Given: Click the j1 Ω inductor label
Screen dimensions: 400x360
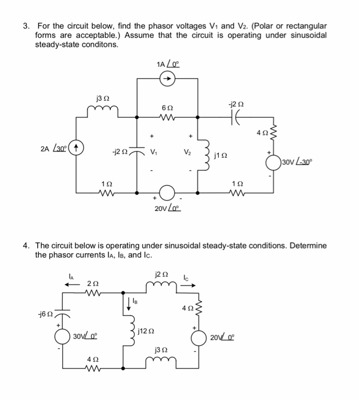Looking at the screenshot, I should [221, 155].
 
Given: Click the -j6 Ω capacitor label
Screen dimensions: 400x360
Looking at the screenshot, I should [45, 314].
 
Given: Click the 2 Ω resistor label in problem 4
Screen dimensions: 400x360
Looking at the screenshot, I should [91, 284].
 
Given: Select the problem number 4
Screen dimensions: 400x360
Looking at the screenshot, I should [26, 245].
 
